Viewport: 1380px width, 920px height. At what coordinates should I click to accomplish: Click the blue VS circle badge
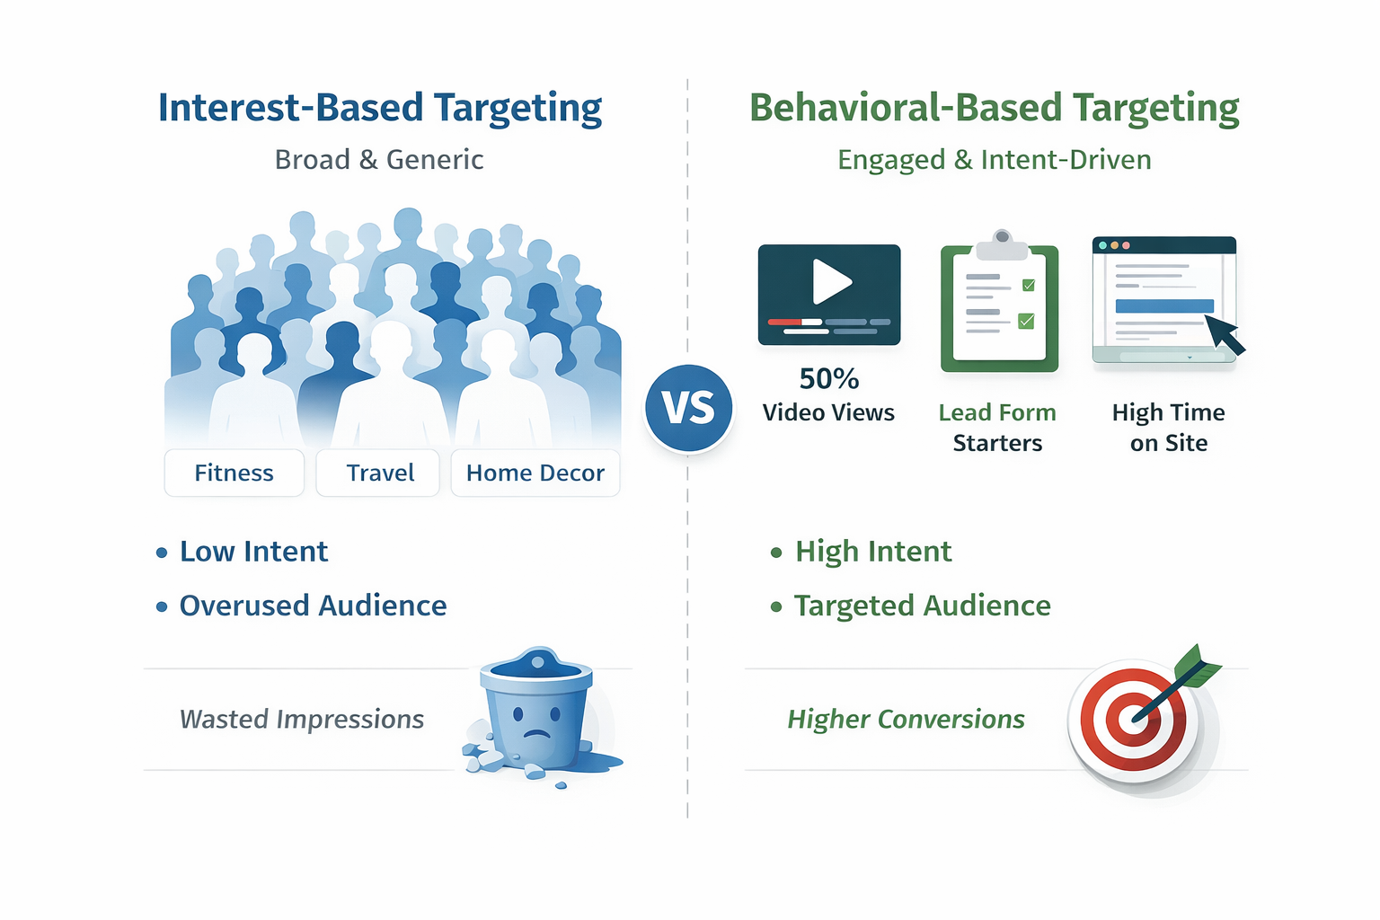689,408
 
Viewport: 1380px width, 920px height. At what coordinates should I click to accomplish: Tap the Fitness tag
234,473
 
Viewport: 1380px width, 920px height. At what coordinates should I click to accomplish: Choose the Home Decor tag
535,473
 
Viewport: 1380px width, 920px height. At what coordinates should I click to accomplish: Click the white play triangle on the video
831,282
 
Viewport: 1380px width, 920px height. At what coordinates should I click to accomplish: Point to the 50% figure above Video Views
829,379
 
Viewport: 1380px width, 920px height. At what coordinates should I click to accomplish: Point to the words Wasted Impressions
302,719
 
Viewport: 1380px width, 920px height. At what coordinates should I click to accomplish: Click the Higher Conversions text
906,719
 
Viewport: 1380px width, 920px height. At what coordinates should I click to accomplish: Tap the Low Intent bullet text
253,552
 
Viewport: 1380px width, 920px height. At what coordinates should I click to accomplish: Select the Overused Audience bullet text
313,606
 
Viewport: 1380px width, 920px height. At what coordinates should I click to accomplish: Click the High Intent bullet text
873,552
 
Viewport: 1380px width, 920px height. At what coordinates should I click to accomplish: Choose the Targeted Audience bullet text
922,606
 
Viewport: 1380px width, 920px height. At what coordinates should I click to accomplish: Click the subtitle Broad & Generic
379,160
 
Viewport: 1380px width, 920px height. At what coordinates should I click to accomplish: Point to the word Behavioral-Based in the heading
907,108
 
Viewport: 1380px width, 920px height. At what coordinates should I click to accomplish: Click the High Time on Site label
1168,428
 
